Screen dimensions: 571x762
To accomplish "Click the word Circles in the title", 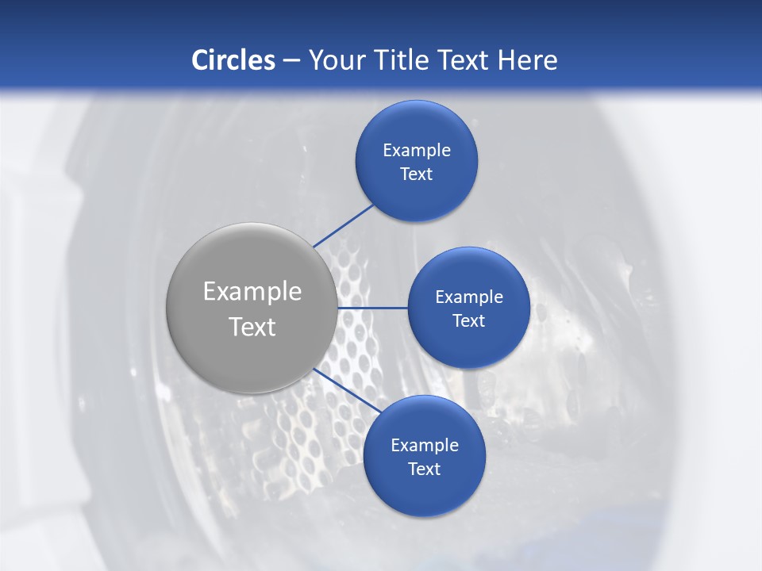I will tap(233, 60).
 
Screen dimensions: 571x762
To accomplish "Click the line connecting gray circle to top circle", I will tap(343, 225).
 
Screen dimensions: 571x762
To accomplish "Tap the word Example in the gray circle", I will tap(252, 292).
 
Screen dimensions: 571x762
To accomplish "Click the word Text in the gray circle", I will tap(252, 327).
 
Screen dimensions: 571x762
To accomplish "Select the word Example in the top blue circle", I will tap(417, 151).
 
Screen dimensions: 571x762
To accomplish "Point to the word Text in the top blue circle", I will tap(416, 174).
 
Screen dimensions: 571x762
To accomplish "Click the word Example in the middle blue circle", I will tap(469, 297).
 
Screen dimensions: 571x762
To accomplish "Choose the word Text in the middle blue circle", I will tap(468, 321).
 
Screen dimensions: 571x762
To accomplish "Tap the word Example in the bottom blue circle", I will tap(425, 446).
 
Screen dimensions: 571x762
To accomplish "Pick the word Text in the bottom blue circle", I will tap(424, 469).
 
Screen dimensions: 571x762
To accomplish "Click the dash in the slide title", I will tap(291, 61).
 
